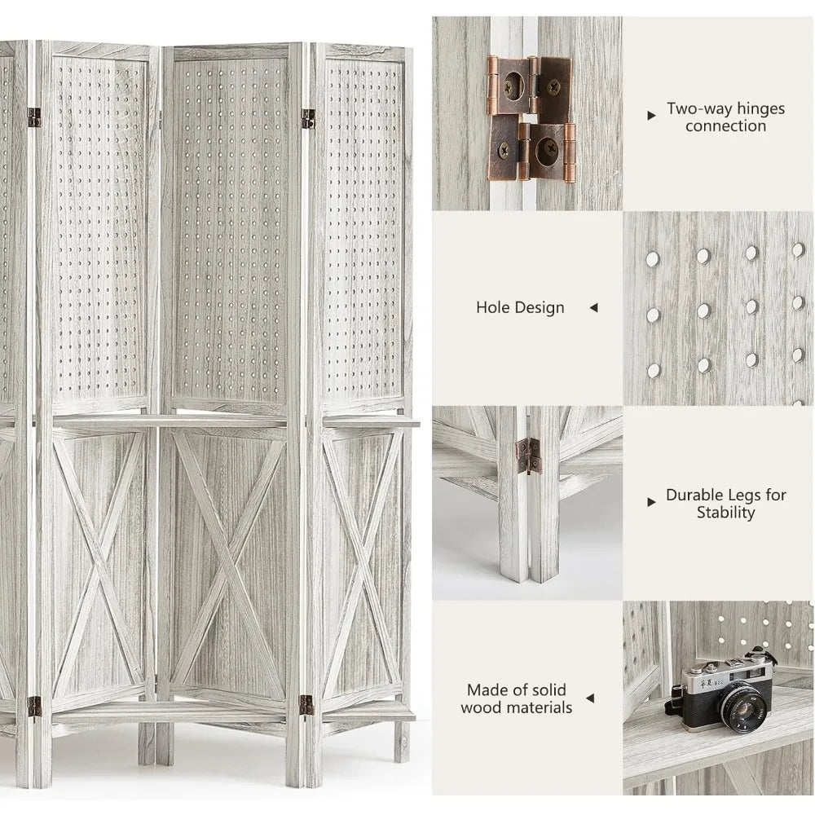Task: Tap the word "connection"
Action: click(x=725, y=126)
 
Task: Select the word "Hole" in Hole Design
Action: click(x=493, y=308)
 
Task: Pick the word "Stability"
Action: click(x=725, y=513)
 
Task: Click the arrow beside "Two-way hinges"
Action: click(x=651, y=116)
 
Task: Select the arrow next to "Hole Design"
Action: click(x=593, y=308)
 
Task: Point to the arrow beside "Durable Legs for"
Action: click(x=651, y=502)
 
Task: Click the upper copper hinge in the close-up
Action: click(x=530, y=86)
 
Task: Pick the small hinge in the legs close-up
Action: click(x=528, y=455)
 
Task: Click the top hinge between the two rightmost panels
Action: click(x=308, y=119)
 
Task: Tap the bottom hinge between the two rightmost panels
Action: click(x=306, y=705)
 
